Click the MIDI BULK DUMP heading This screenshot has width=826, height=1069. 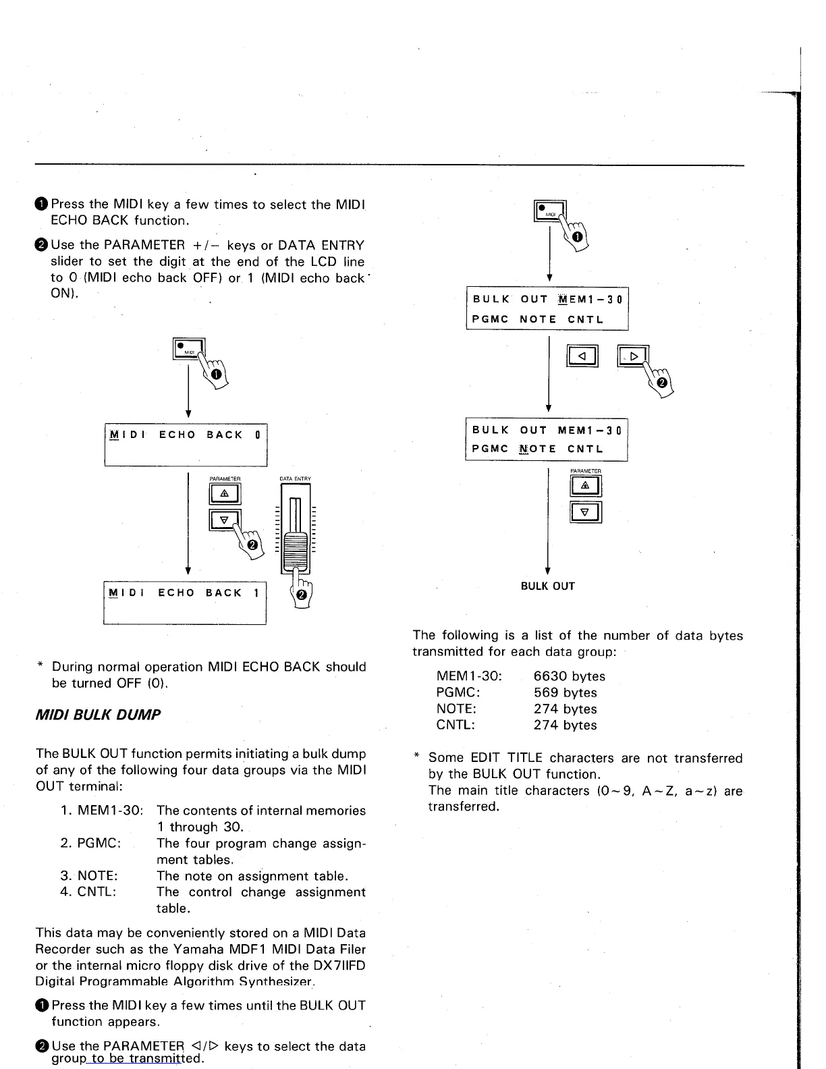click(98, 715)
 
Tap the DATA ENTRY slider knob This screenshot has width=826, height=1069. click(296, 550)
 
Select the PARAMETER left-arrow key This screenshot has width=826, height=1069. click(583, 355)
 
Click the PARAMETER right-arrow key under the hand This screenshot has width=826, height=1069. click(632, 356)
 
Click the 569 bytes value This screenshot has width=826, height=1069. click(565, 692)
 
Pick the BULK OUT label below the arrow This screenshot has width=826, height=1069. click(547, 586)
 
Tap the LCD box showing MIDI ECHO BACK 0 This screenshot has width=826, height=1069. click(186, 443)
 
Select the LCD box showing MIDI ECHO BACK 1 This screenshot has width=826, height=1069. click(185, 602)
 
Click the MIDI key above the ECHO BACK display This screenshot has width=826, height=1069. click(188, 348)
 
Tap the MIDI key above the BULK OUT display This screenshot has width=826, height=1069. click(549, 212)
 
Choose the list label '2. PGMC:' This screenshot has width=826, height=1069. click(90, 843)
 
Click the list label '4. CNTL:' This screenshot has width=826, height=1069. click(88, 892)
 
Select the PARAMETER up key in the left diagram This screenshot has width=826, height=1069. click(225, 495)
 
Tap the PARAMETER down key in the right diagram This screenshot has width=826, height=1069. click(586, 512)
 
